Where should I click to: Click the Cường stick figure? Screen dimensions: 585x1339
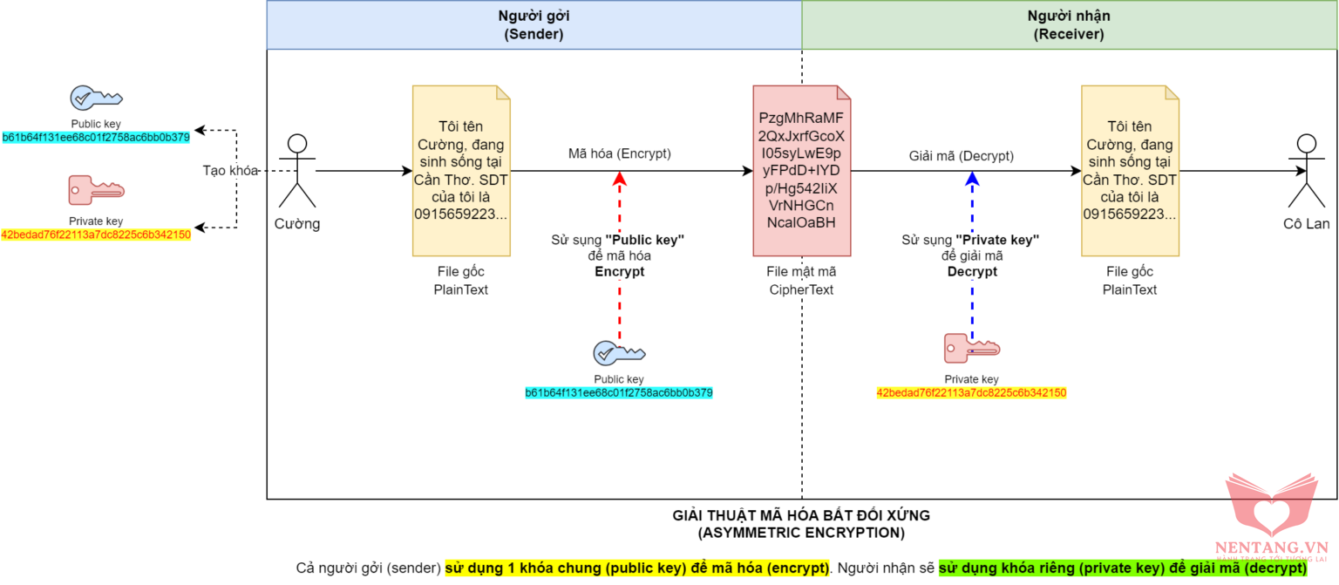pyautogui.click(x=298, y=171)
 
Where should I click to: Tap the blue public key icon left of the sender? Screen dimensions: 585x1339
pyautogui.click(x=96, y=98)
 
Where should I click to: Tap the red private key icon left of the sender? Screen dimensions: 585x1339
pyautogui.click(x=96, y=190)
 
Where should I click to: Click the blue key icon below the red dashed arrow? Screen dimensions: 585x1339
pyautogui.click(x=619, y=352)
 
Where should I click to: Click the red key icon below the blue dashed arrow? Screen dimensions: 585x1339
pyautogui.click(x=971, y=348)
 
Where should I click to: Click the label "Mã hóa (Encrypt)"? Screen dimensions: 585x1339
pyautogui.click(x=620, y=153)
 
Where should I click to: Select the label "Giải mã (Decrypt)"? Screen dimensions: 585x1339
pyautogui.click(x=962, y=155)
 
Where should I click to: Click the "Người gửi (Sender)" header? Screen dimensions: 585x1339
pyautogui.click(x=534, y=25)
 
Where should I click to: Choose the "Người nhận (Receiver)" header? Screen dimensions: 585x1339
pyautogui.click(x=1069, y=25)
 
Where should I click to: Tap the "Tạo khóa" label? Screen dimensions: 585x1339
pyautogui.click(x=231, y=171)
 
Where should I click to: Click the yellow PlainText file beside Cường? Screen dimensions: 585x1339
pyautogui.click(x=462, y=171)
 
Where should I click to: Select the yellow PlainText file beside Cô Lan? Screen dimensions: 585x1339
pyautogui.click(x=1130, y=171)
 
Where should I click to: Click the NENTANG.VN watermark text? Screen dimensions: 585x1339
pyautogui.click(x=1270, y=547)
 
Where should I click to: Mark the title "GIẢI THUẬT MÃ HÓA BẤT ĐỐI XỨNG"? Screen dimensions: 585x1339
pyautogui.click(x=801, y=515)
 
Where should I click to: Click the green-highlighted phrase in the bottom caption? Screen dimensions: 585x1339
pyautogui.click(x=1122, y=568)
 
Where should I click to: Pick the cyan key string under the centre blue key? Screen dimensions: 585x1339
pyautogui.click(x=619, y=393)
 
